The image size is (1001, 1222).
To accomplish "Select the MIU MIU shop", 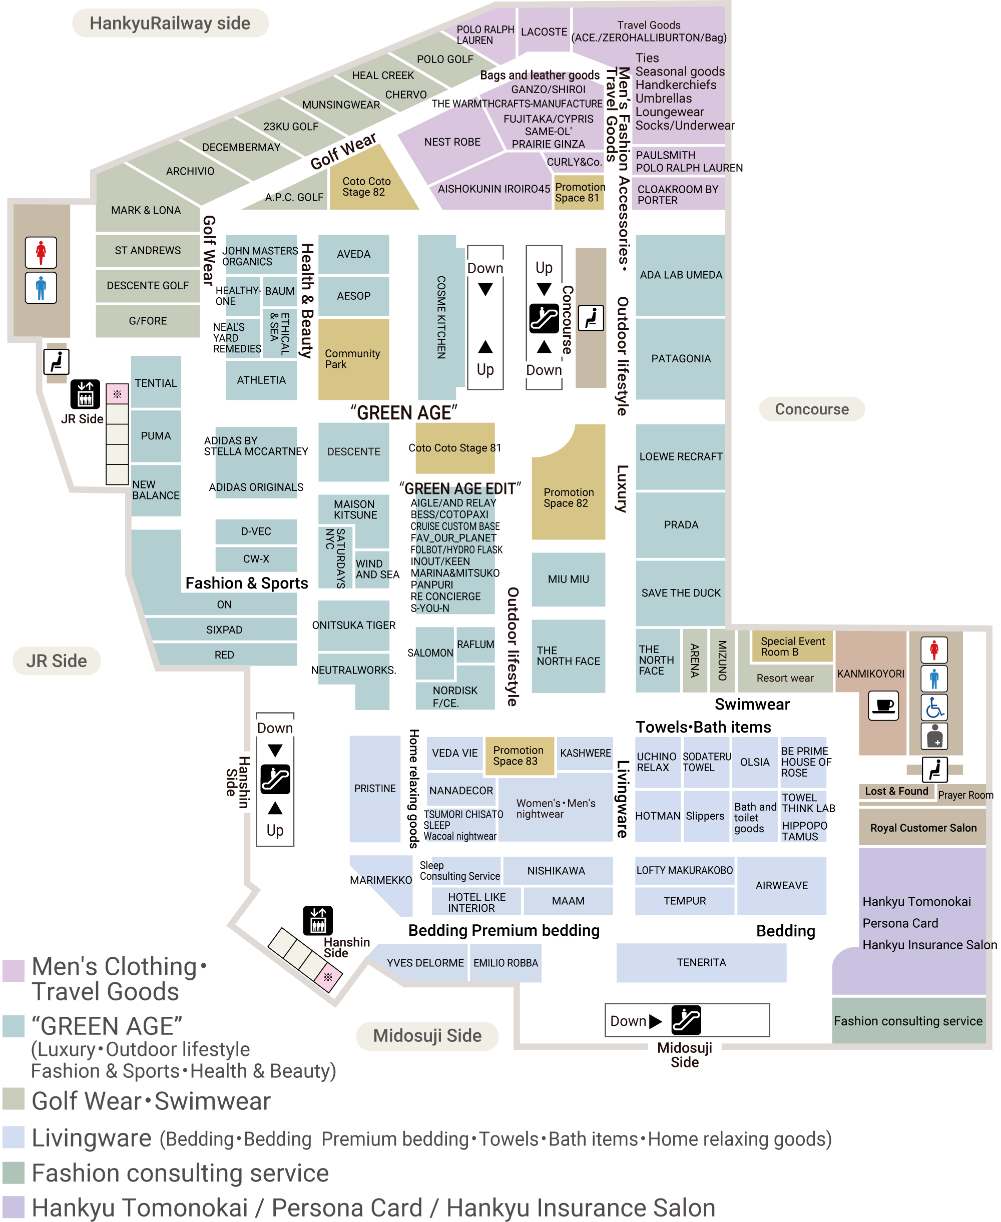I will coord(568,578).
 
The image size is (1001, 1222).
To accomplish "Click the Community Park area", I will coord(353,358).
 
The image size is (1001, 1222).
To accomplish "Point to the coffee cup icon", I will coord(883,705).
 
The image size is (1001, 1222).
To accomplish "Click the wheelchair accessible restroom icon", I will coord(934,707).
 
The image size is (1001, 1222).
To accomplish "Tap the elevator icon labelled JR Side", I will coord(85,394).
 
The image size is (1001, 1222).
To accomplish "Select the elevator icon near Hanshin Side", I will coord(318,920).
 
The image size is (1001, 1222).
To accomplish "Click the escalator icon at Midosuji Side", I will coord(686,1020).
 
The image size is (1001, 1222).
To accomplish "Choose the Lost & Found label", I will coord(896,792).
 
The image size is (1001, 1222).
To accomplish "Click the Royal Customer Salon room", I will coord(922,828).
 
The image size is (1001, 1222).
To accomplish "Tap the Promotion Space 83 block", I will coord(519,756).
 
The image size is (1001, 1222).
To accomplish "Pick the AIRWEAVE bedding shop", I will coord(781,885).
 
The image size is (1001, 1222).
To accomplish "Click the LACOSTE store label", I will coord(544,32).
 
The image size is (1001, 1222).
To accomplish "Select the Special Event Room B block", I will coord(792,646).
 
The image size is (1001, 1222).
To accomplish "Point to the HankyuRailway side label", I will coord(170,23).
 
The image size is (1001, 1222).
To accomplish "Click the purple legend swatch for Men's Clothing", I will coord(13,971).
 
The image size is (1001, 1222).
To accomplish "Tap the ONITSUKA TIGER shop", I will coord(353,625).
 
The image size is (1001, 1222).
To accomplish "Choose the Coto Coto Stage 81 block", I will coord(455,448).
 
